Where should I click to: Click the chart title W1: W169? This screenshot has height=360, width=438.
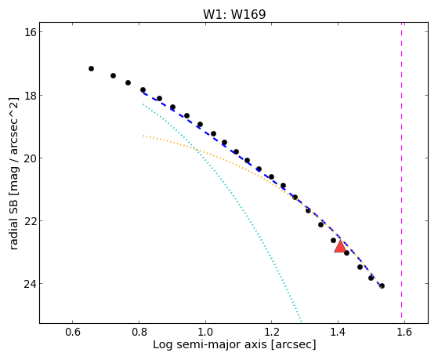click(x=234, y=14)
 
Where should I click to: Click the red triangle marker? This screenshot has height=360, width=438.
click(x=340, y=246)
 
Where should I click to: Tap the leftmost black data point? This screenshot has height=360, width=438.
click(x=91, y=68)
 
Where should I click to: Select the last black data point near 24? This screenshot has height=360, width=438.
click(x=382, y=285)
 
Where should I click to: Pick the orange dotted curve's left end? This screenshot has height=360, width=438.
click(x=143, y=136)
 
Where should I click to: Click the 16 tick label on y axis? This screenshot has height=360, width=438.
click(x=31, y=32)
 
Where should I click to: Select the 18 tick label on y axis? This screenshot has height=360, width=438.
click(x=31, y=95)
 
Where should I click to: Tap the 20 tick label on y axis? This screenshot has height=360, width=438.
click(x=31, y=158)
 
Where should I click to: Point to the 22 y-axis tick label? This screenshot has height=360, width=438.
click(x=31, y=221)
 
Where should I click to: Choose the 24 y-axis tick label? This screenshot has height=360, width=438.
click(x=31, y=284)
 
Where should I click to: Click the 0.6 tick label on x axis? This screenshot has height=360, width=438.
click(x=73, y=332)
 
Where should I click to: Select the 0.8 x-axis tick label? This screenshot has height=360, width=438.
click(x=139, y=332)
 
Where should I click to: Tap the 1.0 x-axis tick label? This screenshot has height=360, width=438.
click(x=205, y=332)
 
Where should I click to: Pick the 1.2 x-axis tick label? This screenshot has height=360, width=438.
click(x=272, y=332)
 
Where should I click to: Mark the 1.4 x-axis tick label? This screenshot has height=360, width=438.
click(x=338, y=332)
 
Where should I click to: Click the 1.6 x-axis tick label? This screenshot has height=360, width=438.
click(x=404, y=332)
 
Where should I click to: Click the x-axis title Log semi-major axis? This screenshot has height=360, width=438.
click(x=210, y=345)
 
